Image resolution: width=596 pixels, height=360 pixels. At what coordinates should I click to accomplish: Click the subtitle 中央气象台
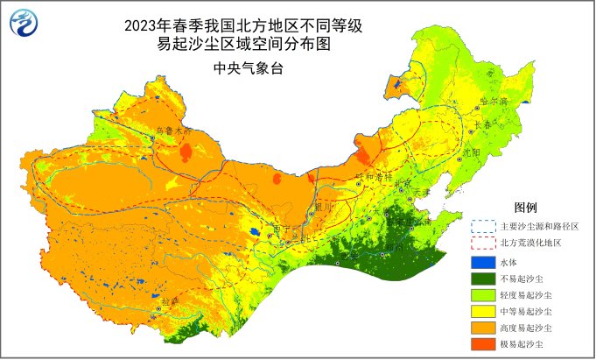point(243,67)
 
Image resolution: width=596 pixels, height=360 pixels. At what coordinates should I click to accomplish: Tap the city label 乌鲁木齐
point(172,131)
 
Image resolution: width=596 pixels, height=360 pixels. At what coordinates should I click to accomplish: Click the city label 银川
point(323,207)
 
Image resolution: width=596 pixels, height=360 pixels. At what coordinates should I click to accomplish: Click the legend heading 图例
point(524,208)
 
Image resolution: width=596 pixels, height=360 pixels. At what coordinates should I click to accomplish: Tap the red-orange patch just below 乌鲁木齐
point(185,154)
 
